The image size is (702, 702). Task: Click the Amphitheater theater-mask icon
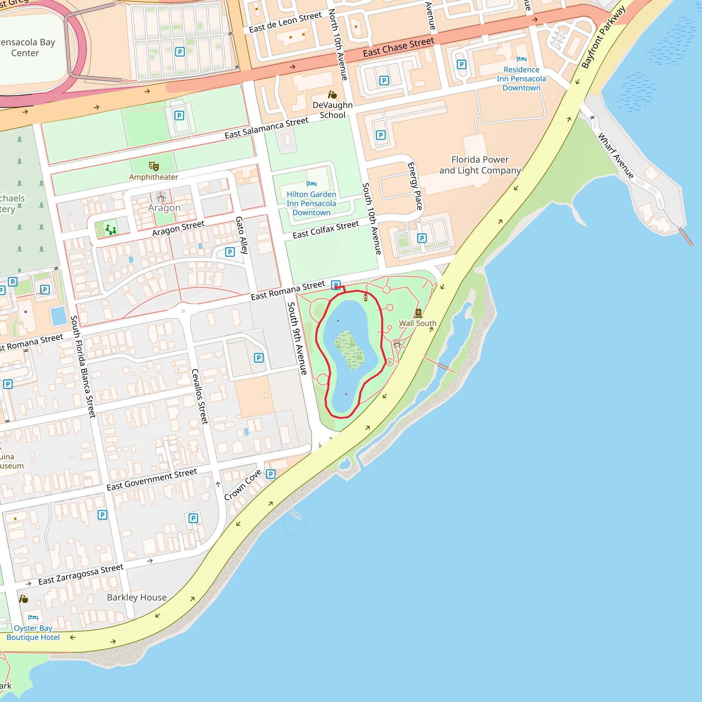pos(154,166)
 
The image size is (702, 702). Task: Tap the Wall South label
pos(417,323)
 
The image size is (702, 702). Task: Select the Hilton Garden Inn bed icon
pos(311,184)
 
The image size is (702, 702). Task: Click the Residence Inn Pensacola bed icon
pos(521,59)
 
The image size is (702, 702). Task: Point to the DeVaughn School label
pos(332,110)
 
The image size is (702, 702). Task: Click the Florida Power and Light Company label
pos(480,165)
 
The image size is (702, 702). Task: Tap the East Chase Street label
pos(398,48)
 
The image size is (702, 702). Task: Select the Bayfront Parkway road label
pos(603,37)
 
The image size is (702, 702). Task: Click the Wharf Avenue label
pos(616,156)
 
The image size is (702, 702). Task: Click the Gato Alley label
pos(242,235)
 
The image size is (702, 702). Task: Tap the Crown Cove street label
pos(243,485)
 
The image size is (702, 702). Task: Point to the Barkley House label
pos(137,597)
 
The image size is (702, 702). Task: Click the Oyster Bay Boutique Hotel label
pos(33,633)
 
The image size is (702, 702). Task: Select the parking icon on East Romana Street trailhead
pos(336,285)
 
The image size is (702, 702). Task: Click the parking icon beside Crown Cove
pos(271,474)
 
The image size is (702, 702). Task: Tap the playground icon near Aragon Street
pos(110,230)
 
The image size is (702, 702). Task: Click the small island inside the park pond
pos(349,350)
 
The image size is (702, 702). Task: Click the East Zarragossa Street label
pos(81,574)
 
